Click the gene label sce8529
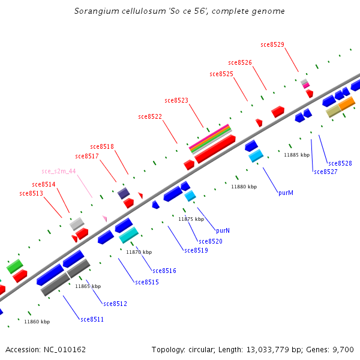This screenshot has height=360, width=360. click(x=272, y=44)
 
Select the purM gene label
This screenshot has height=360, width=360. click(x=286, y=193)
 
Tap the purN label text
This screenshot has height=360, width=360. click(x=223, y=230)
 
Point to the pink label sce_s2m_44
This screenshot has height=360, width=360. click(x=59, y=171)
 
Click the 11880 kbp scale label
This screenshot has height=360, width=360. click(x=244, y=187)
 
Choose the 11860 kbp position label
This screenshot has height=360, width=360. click(x=37, y=322)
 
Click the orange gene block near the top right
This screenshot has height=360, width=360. click(x=347, y=104)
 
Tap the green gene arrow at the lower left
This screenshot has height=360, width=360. click(x=15, y=266)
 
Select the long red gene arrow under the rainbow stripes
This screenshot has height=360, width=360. click(x=214, y=148)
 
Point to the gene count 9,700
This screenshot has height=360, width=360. click(x=343, y=349)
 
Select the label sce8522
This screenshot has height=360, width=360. click(x=150, y=116)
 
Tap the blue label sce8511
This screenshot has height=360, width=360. click(x=92, y=319)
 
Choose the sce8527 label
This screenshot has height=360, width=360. click(x=326, y=172)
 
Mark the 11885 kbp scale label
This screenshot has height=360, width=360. click(x=296, y=155)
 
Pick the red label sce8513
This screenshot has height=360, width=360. click(x=31, y=193)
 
